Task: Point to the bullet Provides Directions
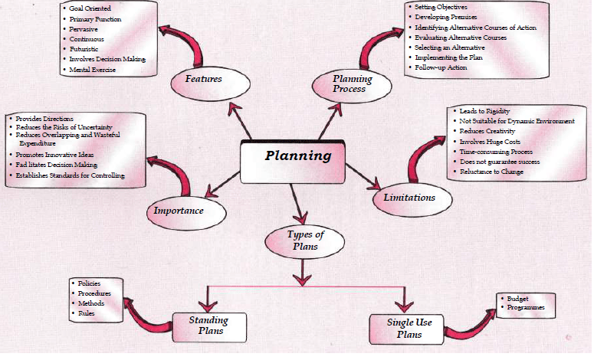point(44,119)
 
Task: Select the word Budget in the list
point(519,298)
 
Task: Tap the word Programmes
point(527,307)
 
